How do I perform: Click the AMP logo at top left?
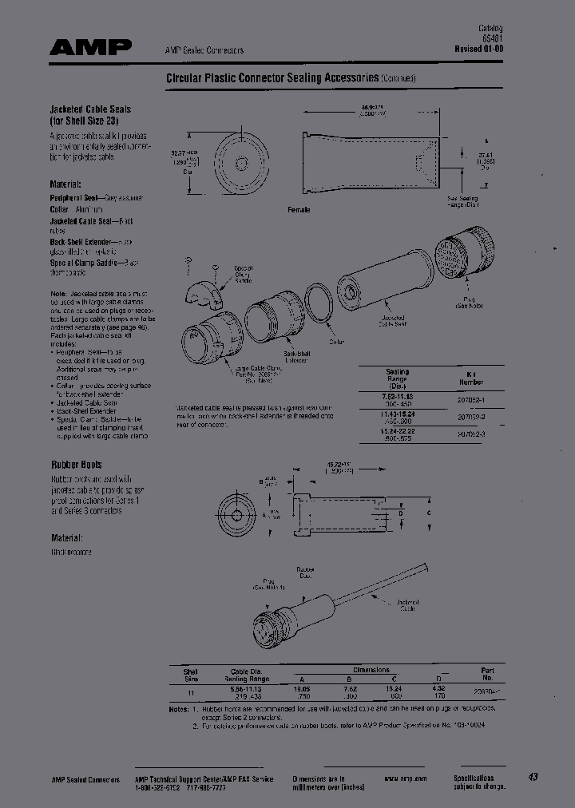point(90,48)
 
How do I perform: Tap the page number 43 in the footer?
point(533,777)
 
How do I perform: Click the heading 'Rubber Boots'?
point(76,464)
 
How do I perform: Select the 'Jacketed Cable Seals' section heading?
point(90,109)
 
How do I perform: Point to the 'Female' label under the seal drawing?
point(298,209)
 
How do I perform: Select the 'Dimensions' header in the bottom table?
point(371,670)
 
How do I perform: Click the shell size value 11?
point(190,692)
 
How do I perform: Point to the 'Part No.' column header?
point(487,674)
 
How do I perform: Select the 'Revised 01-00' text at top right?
point(479,48)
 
